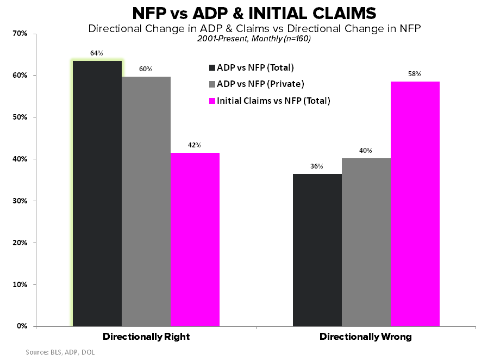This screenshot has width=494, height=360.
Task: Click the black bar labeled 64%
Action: point(97,194)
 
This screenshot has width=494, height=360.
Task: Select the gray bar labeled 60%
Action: point(146,201)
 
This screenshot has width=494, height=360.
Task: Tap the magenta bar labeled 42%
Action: point(195,239)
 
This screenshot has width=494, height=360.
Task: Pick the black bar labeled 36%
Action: point(317,250)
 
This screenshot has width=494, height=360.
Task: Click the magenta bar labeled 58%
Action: point(415,204)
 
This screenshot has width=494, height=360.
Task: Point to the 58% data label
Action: point(415,74)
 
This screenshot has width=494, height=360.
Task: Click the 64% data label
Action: point(97,53)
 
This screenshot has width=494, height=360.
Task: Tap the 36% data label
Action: point(317,166)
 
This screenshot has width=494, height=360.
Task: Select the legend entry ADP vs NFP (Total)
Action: point(255,68)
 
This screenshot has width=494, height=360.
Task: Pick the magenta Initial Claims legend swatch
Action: point(211,101)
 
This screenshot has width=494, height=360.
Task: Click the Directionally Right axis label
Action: point(146,337)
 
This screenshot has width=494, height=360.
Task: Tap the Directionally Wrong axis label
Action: point(366,337)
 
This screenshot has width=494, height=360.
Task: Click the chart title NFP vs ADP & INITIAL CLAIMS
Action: point(247,13)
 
